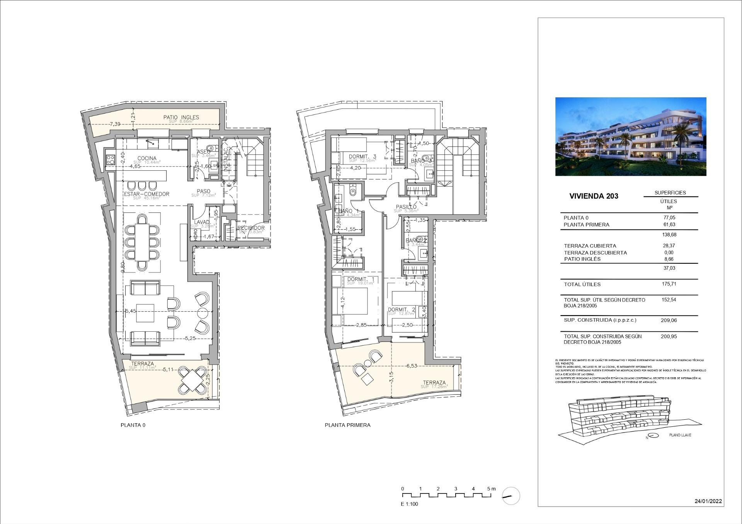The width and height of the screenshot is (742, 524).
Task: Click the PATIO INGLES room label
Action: click(x=181, y=117)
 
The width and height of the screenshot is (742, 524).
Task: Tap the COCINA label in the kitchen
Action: click(x=147, y=158)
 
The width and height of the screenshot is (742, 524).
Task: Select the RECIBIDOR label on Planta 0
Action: click(x=251, y=228)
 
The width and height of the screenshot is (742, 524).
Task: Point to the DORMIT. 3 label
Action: click(x=362, y=156)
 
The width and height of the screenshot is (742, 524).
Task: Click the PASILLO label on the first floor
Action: click(x=405, y=207)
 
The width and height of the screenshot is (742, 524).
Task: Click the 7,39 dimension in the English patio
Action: click(x=115, y=124)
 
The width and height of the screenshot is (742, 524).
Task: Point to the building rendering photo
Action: click(x=630, y=136)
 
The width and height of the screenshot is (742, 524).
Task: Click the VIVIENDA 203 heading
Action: click(x=594, y=196)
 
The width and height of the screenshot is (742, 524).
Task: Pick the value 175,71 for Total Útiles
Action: click(x=669, y=284)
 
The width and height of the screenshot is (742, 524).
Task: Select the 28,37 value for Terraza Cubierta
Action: click(x=669, y=246)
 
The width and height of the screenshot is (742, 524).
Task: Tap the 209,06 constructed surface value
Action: click(x=669, y=320)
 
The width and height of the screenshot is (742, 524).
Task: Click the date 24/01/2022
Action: click(x=708, y=501)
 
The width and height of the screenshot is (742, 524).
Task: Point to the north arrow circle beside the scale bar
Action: click(x=511, y=496)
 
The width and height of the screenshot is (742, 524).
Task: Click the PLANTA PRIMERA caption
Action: click(x=347, y=425)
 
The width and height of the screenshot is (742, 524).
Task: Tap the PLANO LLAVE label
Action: click(x=680, y=435)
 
